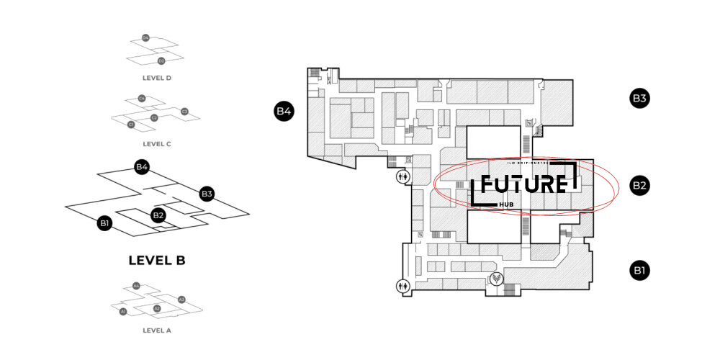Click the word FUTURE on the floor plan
click(523, 184)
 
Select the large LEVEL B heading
click(156, 261)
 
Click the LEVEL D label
click(156, 77)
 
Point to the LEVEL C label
click(156, 144)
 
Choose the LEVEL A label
click(156, 330)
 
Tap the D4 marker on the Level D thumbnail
click(145, 37)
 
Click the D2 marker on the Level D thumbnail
click(161, 60)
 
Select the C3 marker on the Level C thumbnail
click(184, 111)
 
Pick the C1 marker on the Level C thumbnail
click(131, 125)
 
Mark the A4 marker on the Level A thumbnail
click(136, 286)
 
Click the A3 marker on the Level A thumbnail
click(181, 299)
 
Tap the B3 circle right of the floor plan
click(640, 99)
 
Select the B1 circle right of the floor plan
click(640, 271)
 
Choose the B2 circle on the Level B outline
click(158, 215)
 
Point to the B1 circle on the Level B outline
click(105, 223)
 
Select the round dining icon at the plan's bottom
click(496, 277)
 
